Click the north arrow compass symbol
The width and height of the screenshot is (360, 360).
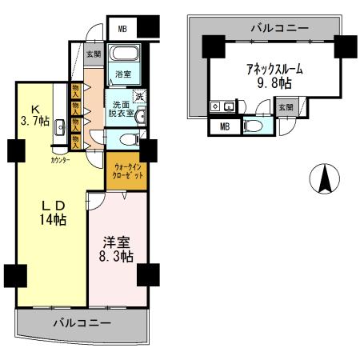click(325, 178)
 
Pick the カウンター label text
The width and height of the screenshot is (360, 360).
click(59, 160)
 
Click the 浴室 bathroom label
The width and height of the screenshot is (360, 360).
click(122, 75)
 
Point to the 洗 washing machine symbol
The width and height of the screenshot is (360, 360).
click(139, 97)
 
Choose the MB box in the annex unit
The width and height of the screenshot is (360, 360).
click(223, 125)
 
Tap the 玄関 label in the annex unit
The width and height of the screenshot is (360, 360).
click(285, 106)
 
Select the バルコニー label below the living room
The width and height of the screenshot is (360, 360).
click(82, 323)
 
